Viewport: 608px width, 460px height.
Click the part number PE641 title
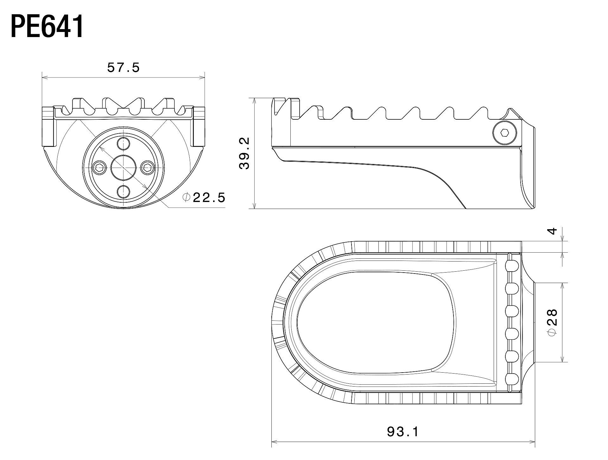(47, 27)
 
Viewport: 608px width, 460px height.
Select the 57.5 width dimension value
(123, 67)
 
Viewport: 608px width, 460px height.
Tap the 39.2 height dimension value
(244, 153)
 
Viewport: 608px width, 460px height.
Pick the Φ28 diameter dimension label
(552, 322)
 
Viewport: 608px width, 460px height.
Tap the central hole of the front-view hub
(123, 167)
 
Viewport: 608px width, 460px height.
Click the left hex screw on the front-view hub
(100, 167)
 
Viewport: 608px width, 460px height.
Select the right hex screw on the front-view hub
(147, 167)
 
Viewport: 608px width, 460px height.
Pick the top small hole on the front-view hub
(123, 144)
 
